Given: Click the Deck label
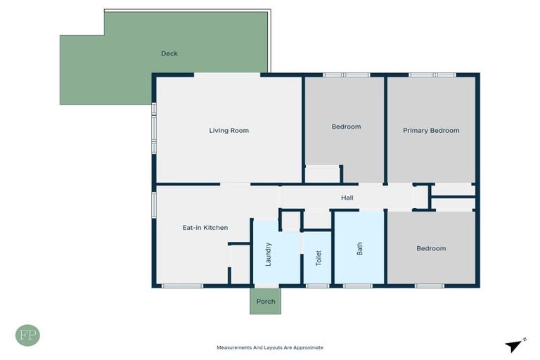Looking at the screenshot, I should point(169,53).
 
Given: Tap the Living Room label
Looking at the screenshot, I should point(229,130).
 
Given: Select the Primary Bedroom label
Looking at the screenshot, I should point(430,130).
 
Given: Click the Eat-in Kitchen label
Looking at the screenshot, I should point(205,227).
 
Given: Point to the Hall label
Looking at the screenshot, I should point(347,198).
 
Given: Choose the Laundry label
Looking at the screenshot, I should point(268,254).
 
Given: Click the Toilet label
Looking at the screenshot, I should point(318,257).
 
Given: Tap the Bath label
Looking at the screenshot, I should point(359,248).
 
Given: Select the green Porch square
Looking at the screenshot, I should point(265,301).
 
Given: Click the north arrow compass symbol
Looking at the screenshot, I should point(515,345).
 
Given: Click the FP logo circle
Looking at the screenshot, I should point(27,335).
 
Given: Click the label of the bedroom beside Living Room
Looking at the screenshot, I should point(346,127).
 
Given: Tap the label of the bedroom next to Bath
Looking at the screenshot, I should point(430,248).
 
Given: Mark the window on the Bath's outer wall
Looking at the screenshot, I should point(357,285).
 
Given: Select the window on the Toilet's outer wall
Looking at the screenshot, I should point(317,285).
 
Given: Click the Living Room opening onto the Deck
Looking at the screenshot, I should point(227,75).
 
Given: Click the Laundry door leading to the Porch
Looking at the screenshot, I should point(266,285).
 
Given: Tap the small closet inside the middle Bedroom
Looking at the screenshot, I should point(322,174).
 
